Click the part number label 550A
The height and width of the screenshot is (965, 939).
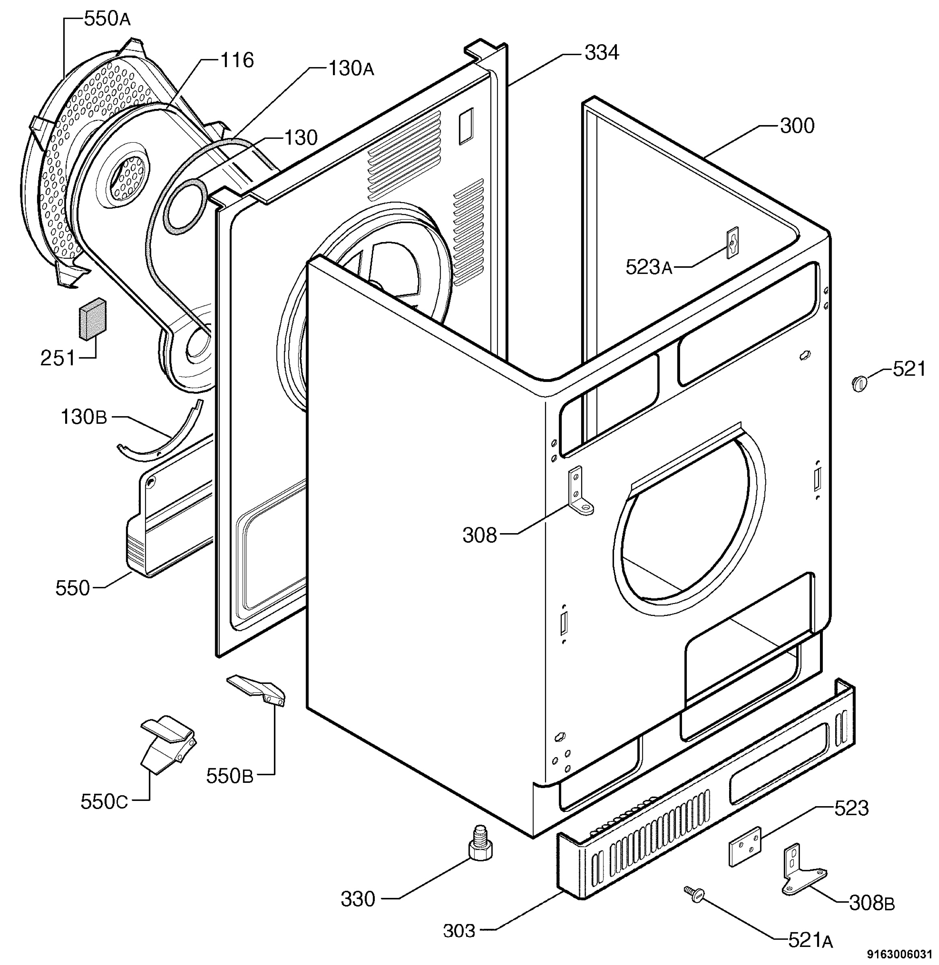pos(107,19)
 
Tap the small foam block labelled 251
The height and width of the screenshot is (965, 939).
pos(93,319)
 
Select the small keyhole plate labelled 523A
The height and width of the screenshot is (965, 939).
pos(732,242)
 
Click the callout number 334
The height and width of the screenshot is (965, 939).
pos(602,52)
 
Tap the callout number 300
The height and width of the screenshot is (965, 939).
pos(797,126)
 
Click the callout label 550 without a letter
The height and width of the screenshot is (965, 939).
pos(72,588)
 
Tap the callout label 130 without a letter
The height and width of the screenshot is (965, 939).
pos(300,138)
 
